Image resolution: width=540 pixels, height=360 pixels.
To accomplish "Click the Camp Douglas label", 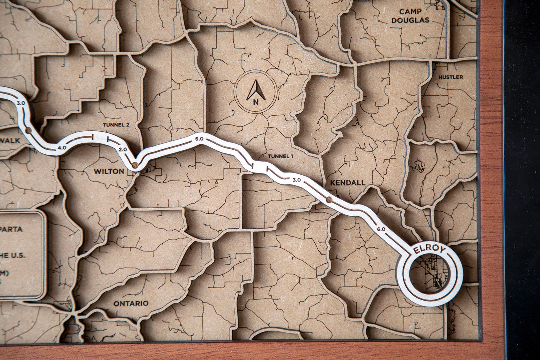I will point(410,16).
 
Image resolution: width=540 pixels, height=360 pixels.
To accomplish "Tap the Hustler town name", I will point(450,77).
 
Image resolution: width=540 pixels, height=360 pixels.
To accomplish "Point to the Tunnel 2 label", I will point(116,125).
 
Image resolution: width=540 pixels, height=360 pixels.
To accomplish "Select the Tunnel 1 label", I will point(281,157).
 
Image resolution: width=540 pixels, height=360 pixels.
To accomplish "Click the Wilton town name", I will point(109,171).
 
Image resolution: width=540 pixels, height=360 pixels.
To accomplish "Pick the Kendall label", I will point(348,183).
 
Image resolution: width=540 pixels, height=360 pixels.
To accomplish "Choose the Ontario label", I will point(131,303).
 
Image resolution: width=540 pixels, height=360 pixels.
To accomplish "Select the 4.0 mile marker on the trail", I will point(62,147).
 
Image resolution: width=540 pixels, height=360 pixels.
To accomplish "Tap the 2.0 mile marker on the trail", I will point(123,149).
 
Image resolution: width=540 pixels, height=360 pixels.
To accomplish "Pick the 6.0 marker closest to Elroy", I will point(381,229).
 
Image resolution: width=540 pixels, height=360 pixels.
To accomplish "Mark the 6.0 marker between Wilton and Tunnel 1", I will point(199,138).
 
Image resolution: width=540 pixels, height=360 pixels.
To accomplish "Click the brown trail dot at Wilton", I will point(135,166).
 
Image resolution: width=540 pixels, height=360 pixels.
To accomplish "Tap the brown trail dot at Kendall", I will point(328,199).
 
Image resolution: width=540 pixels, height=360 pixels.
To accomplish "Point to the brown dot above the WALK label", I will point(29,130).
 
